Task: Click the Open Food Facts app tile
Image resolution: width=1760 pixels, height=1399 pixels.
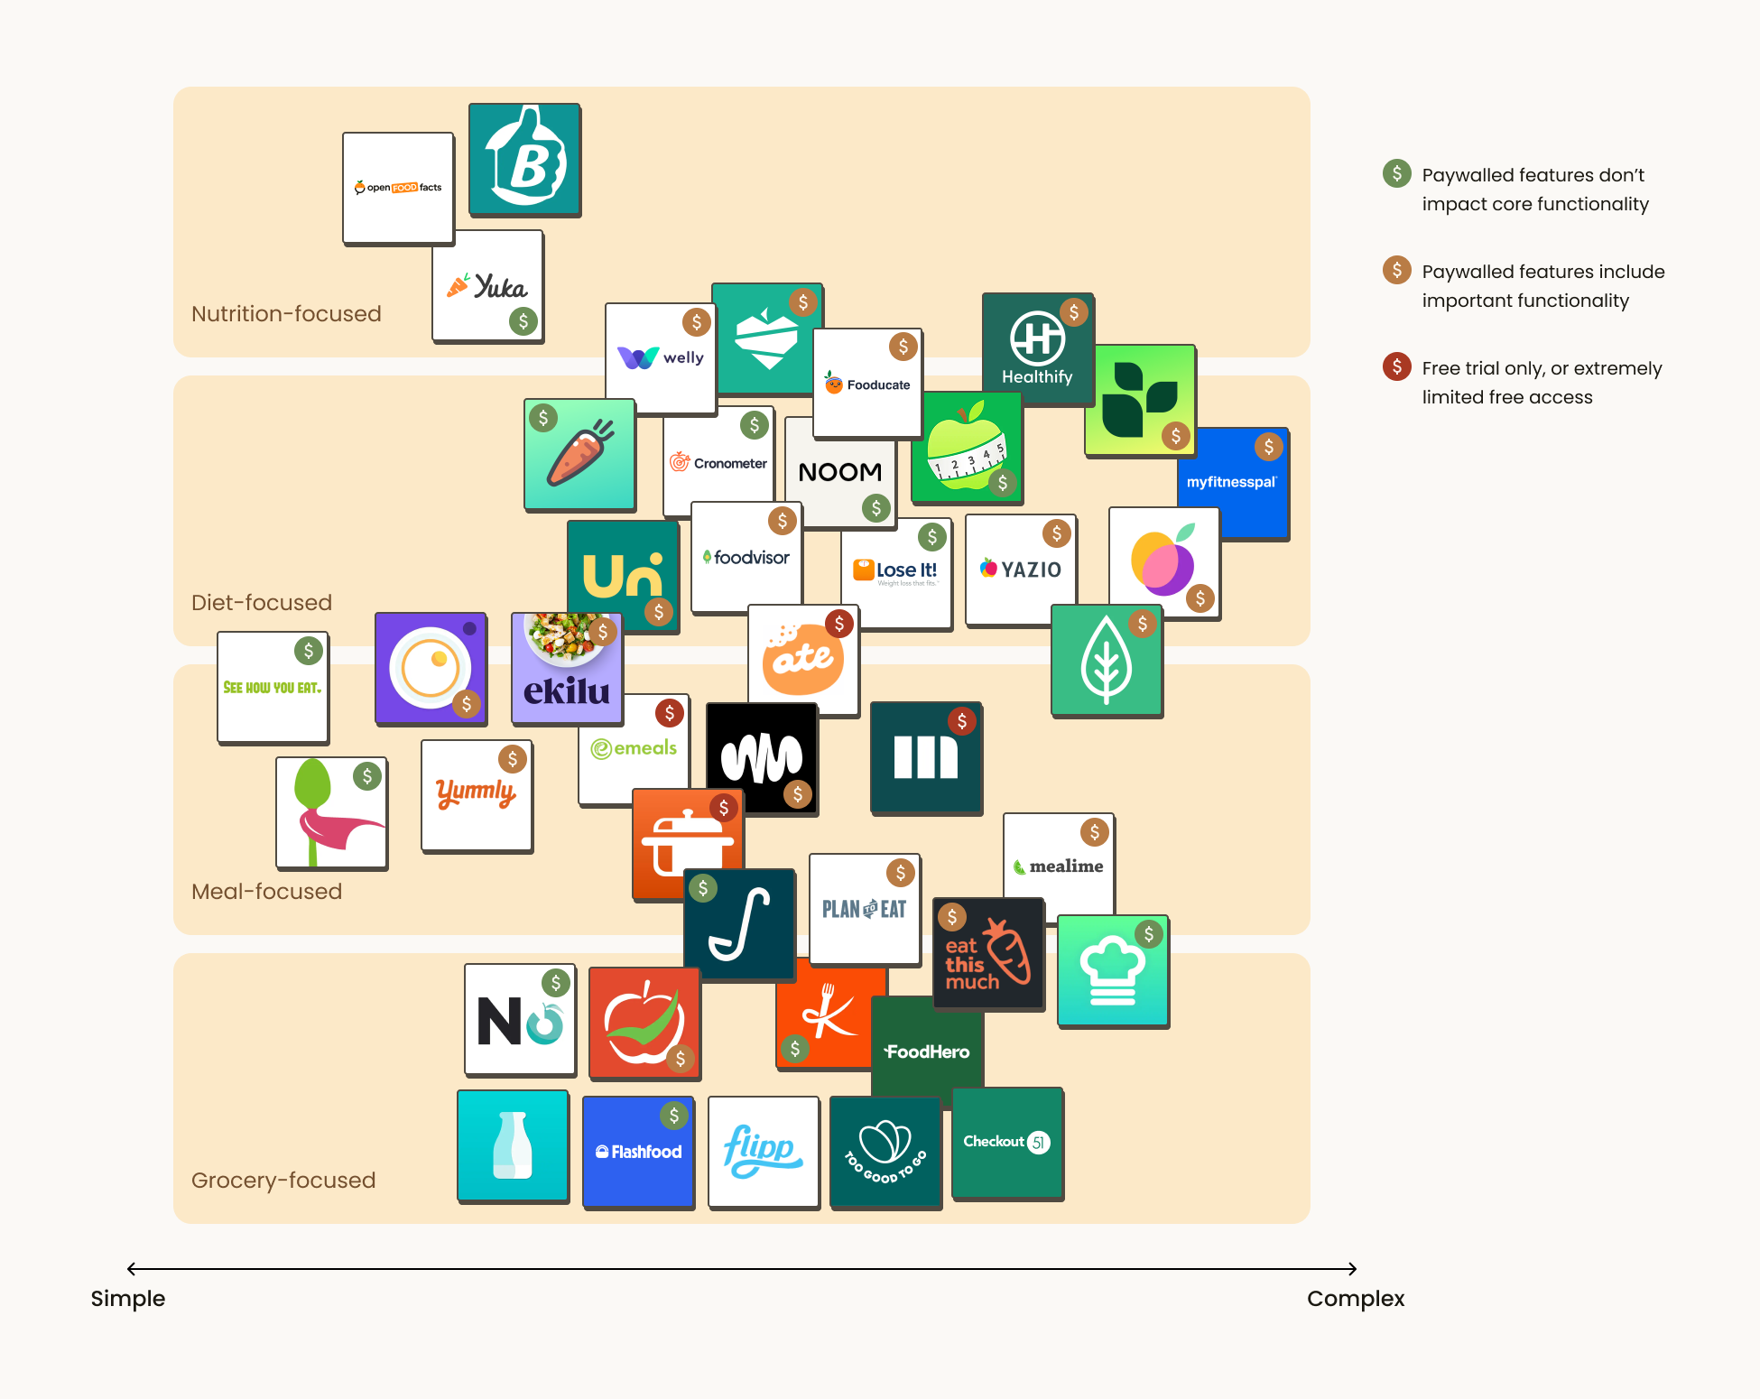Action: click(398, 188)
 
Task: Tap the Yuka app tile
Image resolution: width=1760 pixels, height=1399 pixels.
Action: click(487, 286)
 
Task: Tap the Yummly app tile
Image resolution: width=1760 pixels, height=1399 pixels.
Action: click(477, 795)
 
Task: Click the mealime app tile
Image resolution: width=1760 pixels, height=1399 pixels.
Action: click(1059, 865)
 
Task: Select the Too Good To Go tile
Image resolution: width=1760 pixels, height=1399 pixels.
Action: click(885, 1153)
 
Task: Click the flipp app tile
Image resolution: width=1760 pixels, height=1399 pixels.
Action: click(764, 1151)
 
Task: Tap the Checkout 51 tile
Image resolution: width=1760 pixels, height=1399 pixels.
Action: click(1007, 1143)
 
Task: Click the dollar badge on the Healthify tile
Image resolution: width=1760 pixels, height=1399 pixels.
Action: click(1074, 312)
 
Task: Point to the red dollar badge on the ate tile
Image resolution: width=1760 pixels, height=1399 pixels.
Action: click(839, 623)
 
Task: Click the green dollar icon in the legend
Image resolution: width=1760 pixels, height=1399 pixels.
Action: click(1397, 173)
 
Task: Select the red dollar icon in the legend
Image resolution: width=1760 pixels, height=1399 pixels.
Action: click(1397, 366)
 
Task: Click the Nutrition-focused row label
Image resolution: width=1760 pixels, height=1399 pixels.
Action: click(286, 314)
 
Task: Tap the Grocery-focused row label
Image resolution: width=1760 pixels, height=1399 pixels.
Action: click(283, 1181)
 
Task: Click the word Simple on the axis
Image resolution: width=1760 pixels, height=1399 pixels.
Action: click(128, 1299)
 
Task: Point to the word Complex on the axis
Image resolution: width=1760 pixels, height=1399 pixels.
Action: click(1356, 1299)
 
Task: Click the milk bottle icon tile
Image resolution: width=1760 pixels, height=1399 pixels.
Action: click(513, 1145)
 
